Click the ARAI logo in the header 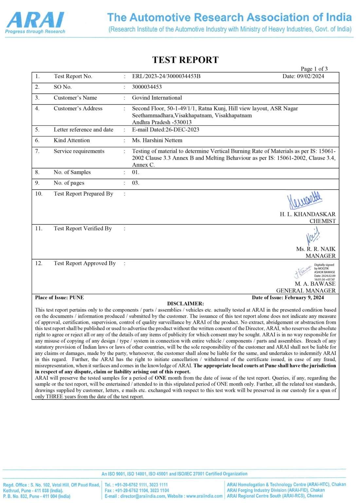click(x=35, y=22)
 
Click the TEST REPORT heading click(x=185, y=60)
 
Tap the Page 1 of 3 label click(x=314, y=69)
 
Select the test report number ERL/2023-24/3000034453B click(x=166, y=76)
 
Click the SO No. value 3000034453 click(x=147, y=87)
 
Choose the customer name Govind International click(x=157, y=98)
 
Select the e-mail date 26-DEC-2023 click(x=184, y=129)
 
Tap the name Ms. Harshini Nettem click(x=157, y=140)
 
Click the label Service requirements click(x=79, y=151)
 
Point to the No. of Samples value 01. click(x=135, y=172)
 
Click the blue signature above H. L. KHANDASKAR click(x=304, y=200)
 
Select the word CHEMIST click(x=322, y=221)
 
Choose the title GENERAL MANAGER click(x=306, y=290)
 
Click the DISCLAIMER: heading click(x=185, y=304)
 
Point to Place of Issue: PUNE click(x=60, y=297)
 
